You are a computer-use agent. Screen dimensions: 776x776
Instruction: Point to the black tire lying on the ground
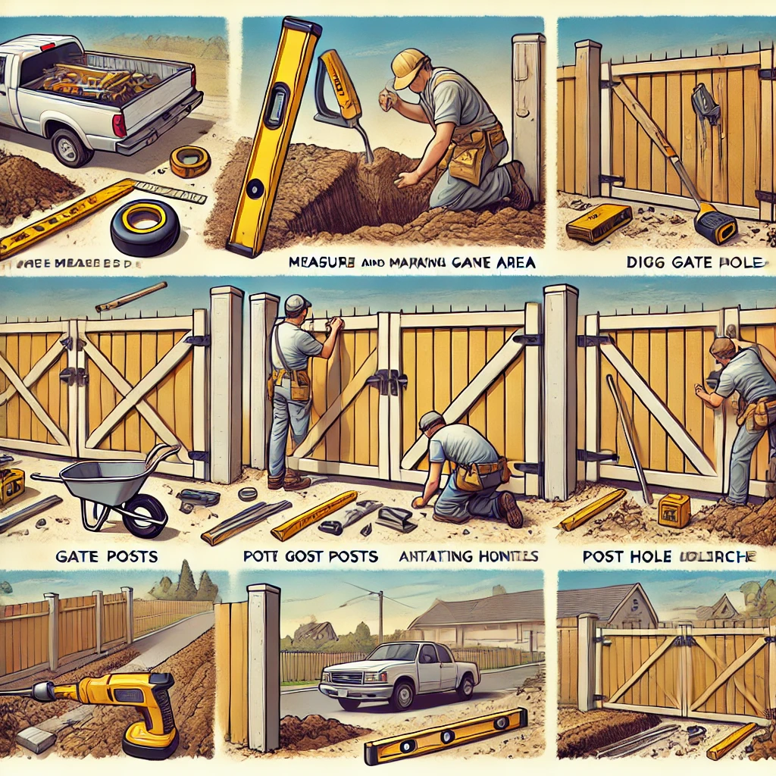click(145, 227)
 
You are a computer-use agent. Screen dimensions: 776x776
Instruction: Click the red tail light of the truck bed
click(117, 125)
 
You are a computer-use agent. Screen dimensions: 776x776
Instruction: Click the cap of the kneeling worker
click(430, 419)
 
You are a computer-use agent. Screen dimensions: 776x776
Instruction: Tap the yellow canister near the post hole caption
click(674, 509)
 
